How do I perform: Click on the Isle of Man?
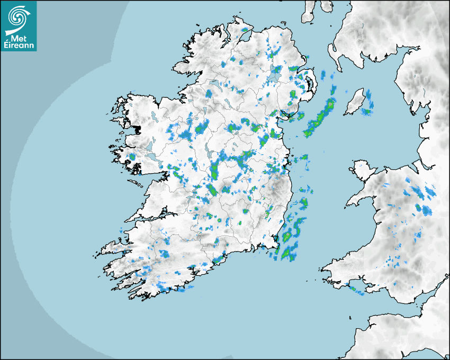click(x=354, y=102)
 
